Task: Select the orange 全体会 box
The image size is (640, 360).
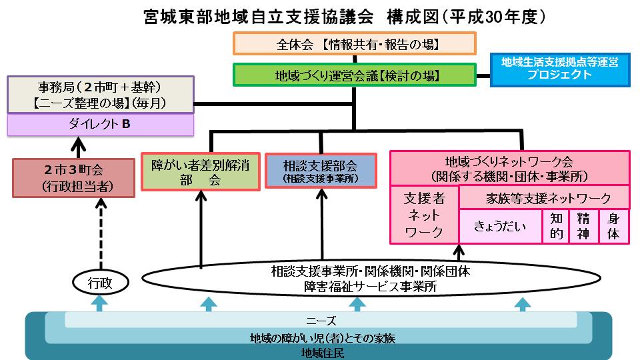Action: [x=354, y=43]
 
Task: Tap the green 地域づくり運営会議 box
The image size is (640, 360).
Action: [x=354, y=74]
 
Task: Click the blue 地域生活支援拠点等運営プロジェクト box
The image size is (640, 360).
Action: [x=559, y=69]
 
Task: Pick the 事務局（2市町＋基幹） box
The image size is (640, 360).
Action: [x=100, y=95]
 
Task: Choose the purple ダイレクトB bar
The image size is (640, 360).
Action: [x=100, y=124]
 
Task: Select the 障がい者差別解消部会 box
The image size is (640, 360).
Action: [x=200, y=171]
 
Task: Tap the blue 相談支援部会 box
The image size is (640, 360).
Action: [x=320, y=170]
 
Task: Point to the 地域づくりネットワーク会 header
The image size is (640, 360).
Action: [x=510, y=168]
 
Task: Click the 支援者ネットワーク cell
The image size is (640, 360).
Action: [x=425, y=215]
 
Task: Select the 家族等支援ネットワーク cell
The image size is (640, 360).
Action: [x=544, y=197]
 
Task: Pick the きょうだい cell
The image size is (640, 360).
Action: [x=500, y=226]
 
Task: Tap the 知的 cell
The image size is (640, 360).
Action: [x=557, y=226]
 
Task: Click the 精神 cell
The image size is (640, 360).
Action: [x=585, y=226]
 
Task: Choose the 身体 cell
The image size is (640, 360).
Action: [x=614, y=226]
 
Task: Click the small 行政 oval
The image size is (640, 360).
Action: [x=99, y=283]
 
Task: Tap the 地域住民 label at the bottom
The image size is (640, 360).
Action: [x=320, y=352]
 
